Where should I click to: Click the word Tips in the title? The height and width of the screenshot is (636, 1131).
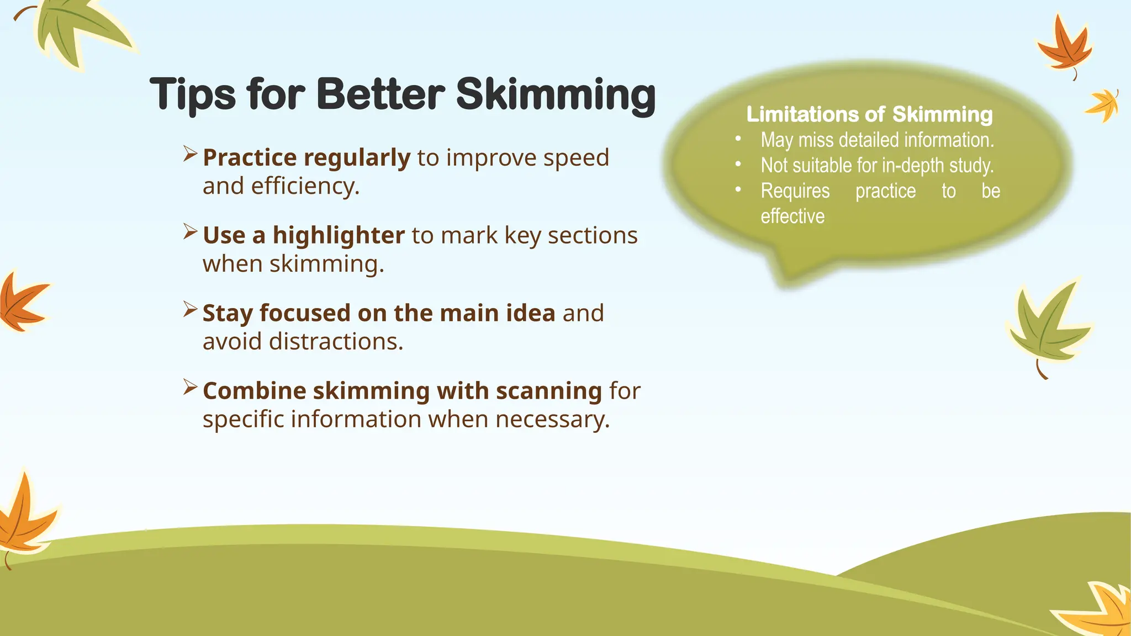click(x=192, y=95)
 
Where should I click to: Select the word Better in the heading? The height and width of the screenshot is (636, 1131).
click(x=380, y=94)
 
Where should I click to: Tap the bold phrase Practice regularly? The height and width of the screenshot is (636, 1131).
click(x=306, y=158)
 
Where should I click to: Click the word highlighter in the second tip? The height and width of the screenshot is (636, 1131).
click(x=339, y=236)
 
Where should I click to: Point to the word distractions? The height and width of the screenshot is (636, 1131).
click(x=336, y=342)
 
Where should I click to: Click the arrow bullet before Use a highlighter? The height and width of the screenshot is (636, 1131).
click(x=190, y=232)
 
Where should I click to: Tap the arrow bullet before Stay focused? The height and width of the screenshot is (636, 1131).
click(x=190, y=310)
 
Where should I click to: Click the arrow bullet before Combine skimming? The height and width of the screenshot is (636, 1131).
click(x=190, y=388)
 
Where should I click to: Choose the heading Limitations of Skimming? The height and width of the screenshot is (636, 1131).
click(x=869, y=114)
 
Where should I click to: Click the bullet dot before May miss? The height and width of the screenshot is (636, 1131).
click(x=738, y=139)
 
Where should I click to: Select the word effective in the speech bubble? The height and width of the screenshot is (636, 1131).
click(x=792, y=216)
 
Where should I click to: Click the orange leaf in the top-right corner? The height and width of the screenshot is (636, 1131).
click(x=1063, y=47)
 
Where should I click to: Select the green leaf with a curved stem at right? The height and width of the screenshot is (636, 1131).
click(x=1047, y=328)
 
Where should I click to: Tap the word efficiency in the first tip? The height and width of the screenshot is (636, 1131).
click(x=305, y=187)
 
